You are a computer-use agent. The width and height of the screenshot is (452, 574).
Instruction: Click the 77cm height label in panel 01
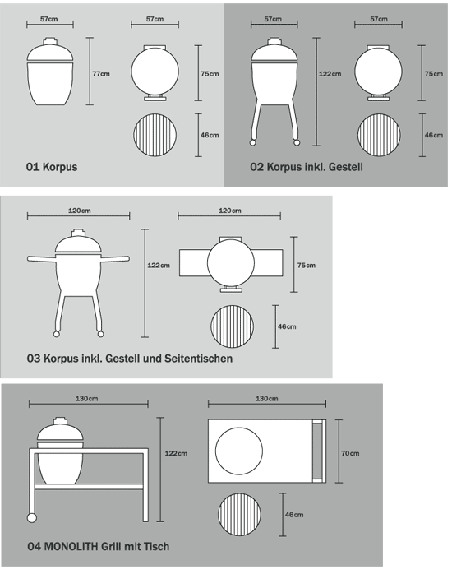pyautogui.click(x=101, y=73)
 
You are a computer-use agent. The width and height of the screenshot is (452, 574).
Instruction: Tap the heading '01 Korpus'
pyautogui.click(x=52, y=167)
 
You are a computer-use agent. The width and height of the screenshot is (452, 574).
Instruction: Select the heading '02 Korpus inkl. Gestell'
pyautogui.click(x=307, y=167)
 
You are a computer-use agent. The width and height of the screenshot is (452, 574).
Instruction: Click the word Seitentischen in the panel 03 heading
pyautogui.click(x=199, y=358)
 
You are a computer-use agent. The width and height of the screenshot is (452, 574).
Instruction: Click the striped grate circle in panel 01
pyautogui.click(x=155, y=135)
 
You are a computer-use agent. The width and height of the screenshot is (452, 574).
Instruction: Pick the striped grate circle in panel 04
pyautogui.click(x=239, y=514)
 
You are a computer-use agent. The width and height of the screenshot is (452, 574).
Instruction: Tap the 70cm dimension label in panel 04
pyautogui.click(x=350, y=453)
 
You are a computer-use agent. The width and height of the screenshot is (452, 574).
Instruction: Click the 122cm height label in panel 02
pyautogui.click(x=330, y=73)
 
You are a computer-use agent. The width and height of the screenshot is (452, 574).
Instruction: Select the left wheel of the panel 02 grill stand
pyautogui.click(x=252, y=142)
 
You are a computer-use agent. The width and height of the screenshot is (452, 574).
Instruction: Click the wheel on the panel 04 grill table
pyautogui.click(x=32, y=517)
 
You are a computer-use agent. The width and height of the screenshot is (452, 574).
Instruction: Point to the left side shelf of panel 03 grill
pyautogui.click(x=41, y=258)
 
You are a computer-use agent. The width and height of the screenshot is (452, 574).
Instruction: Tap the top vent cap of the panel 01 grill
pyautogui.click(x=49, y=40)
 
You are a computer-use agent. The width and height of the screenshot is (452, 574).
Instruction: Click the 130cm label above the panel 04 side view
pyautogui.click(x=86, y=398)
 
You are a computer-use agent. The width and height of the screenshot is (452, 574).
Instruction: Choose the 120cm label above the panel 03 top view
pyautogui.click(x=229, y=211)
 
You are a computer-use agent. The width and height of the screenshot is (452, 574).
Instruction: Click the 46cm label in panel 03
pyautogui.click(x=287, y=326)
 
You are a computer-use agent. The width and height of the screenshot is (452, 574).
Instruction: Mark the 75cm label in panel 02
pyautogui.click(x=434, y=73)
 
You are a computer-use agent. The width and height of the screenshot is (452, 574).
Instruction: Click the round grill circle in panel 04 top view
pyautogui.click(x=239, y=451)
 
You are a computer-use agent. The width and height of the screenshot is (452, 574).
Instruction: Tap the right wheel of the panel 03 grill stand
pyautogui.click(x=100, y=334)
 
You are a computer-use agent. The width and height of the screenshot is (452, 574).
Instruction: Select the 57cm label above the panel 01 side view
pyautogui.click(x=49, y=19)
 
